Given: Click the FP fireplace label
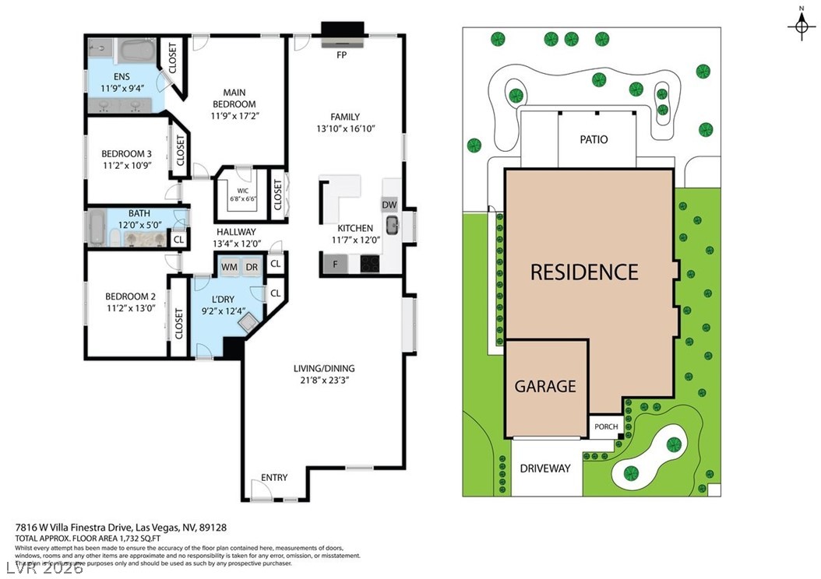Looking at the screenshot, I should pos(341,56).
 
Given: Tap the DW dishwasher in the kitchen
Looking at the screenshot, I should pos(389,205).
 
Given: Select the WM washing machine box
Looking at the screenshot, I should pos(230,267).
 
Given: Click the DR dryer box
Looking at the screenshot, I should pos(251,267).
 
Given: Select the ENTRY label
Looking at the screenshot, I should pos(273,478).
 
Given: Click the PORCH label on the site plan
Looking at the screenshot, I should pos(605,427).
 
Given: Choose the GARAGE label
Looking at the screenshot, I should pos(545,386).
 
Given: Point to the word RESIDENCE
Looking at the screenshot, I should pos(584,272).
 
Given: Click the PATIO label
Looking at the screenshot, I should pos(594,140).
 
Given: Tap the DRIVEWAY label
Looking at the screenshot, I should pos(545,468).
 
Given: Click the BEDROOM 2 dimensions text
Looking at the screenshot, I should pos(131,307).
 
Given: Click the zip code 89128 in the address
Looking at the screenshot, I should pos(213,528).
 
